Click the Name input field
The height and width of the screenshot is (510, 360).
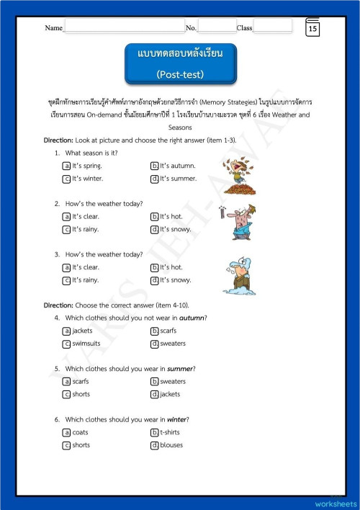click(124, 27)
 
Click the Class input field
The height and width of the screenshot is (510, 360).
click(272, 27)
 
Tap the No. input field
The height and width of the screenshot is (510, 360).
click(217, 27)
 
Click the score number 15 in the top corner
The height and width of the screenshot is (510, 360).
click(312, 29)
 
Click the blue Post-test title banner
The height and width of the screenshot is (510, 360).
click(180, 63)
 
